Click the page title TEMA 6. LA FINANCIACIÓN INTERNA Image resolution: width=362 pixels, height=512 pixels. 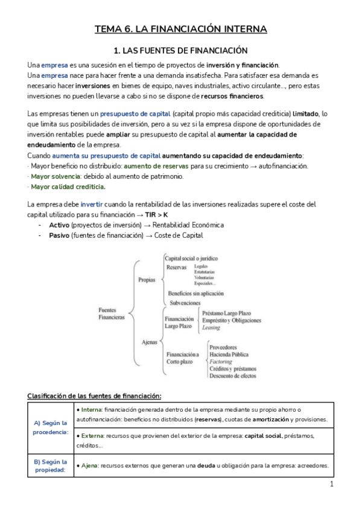point(181,29)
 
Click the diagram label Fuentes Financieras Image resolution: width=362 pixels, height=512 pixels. point(111,313)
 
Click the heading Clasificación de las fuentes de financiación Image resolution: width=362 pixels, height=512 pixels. point(94,396)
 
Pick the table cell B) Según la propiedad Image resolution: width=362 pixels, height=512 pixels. point(51,466)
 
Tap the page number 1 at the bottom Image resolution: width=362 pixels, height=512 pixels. point(332,484)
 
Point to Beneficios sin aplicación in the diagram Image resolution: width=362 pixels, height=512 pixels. point(197,293)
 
